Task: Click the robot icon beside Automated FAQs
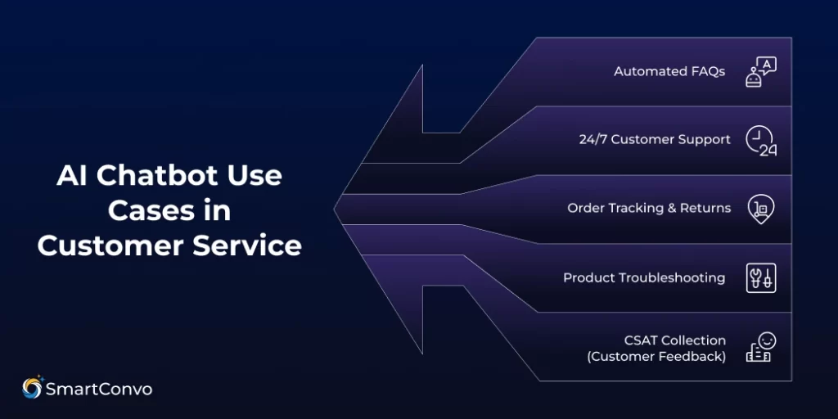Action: point(760,71)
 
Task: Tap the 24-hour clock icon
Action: point(760,140)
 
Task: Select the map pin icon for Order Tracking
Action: point(760,209)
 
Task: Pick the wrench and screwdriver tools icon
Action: point(760,277)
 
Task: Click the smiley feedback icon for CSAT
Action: point(760,347)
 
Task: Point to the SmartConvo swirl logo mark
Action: point(33,388)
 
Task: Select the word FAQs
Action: point(708,71)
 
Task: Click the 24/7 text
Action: point(593,140)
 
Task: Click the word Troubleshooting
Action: point(672,277)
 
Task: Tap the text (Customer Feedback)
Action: point(656,356)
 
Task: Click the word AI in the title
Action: point(72,176)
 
